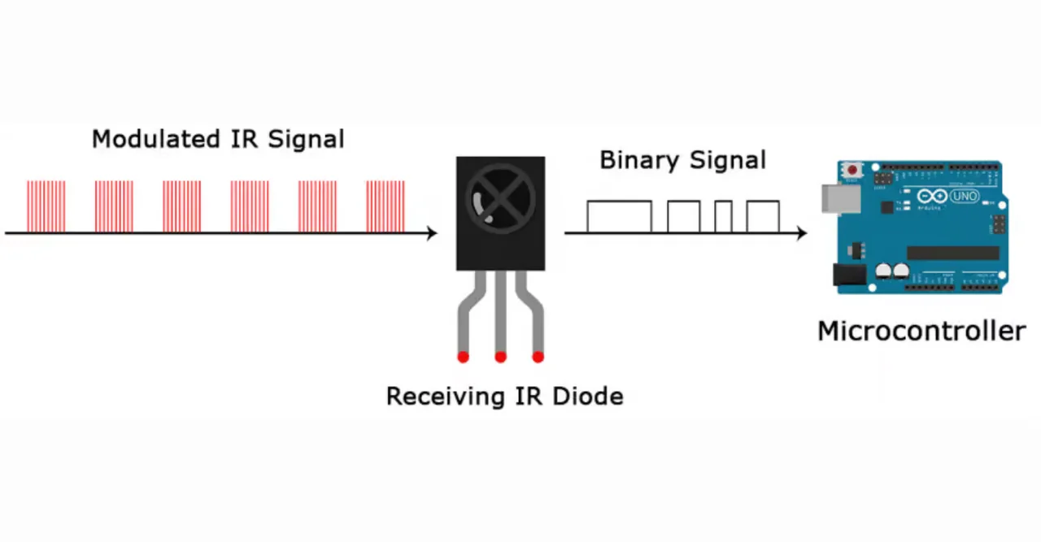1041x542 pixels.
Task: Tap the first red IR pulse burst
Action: pos(46,206)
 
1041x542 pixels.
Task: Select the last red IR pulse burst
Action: pos(385,206)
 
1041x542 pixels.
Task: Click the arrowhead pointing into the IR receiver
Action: pos(431,233)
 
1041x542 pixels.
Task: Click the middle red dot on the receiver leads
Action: pos(500,357)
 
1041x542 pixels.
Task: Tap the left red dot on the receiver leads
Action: pos(463,357)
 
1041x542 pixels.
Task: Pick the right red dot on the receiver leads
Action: pos(538,357)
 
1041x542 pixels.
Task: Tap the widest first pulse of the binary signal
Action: pos(619,217)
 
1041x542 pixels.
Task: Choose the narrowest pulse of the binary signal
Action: pos(723,217)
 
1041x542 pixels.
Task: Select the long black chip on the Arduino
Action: pos(952,253)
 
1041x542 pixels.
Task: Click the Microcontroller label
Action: pos(921,332)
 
